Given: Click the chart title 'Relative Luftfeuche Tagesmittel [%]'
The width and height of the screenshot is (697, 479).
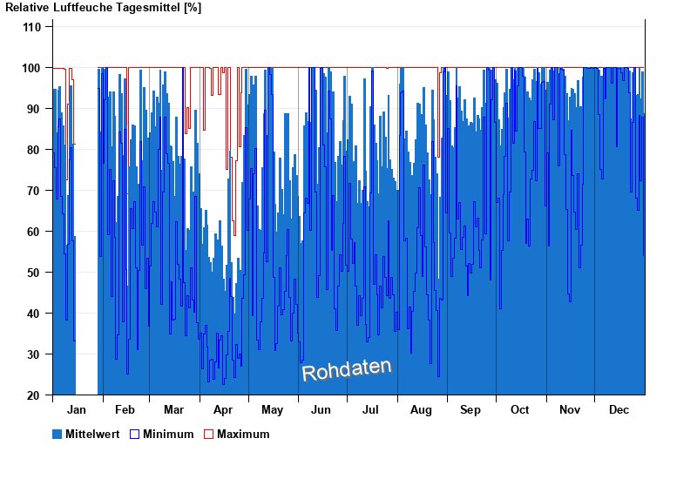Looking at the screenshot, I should tap(103, 8).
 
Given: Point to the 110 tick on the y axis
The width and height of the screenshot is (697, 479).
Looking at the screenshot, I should tap(32, 27).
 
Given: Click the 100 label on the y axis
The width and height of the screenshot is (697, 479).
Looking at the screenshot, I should tap(32, 68).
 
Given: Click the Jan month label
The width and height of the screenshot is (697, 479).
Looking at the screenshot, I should tap(77, 410).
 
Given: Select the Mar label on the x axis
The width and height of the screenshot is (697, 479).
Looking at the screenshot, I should tap(173, 410).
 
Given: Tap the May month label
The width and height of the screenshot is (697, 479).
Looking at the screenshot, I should tap(273, 410).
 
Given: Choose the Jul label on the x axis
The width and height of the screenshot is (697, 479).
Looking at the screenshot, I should tap(371, 410).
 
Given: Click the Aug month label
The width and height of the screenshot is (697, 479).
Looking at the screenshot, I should tap(422, 410).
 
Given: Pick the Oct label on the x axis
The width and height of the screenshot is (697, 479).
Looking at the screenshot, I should tap(520, 410).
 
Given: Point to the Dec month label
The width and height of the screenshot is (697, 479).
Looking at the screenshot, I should tap(619, 410).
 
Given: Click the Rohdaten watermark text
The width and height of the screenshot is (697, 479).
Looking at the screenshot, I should tap(346, 370).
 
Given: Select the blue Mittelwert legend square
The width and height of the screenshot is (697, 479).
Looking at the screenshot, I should tap(58, 434).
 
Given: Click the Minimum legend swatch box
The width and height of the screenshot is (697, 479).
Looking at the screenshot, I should tap(134, 434).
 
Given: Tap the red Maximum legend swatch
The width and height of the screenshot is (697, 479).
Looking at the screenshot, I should tap(208, 434).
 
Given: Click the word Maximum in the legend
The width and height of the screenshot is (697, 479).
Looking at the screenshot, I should tap(243, 434).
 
